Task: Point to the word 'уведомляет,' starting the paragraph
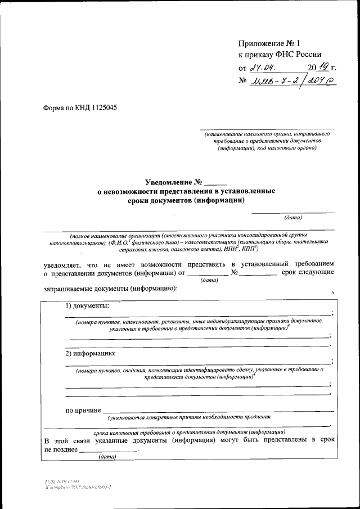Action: (62, 263)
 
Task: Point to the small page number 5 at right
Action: (332, 293)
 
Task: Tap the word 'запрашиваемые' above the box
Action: (71, 289)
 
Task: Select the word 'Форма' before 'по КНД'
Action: (55, 107)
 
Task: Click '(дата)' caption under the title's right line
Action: (293, 217)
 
